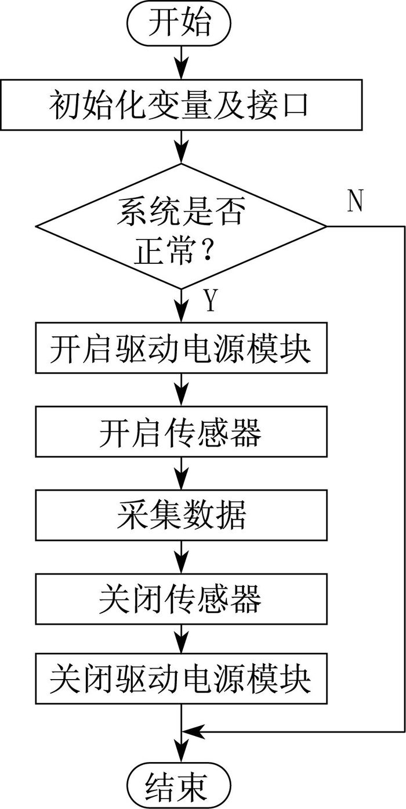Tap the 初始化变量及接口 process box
click(x=181, y=105)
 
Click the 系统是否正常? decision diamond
click(x=181, y=226)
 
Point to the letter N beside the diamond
click(x=355, y=201)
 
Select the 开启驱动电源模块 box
click(x=181, y=348)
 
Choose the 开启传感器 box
click(x=181, y=431)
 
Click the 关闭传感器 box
click(x=181, y=599)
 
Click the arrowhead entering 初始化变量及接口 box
click(x=181, y=68)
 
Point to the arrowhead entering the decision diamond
click(x=181, y=153)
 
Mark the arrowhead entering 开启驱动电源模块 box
click(x=181, y=311)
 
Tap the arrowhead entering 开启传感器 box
click(x=181, y=396)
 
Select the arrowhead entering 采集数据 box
click(x=181, y=479)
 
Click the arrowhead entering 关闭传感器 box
click(x=181, y=563)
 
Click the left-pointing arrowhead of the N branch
click(x=193, y=732)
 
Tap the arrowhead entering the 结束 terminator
click(x=181, y=750)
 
